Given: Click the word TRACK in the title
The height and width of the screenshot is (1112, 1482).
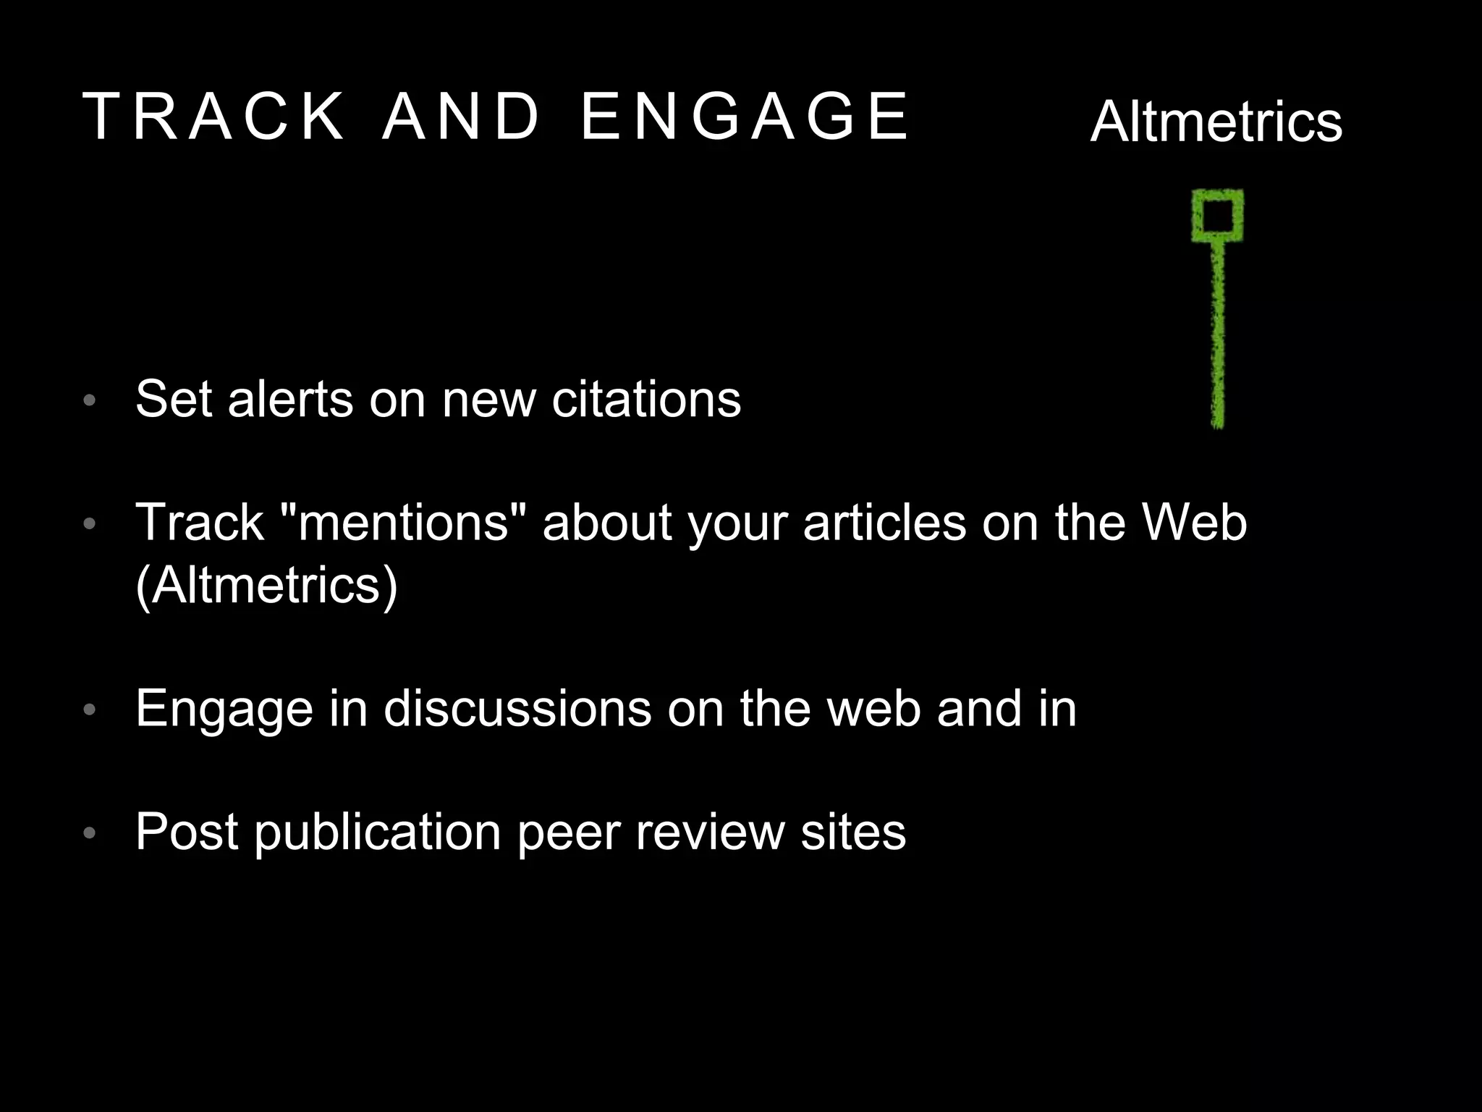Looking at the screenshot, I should pyautogui.click(x=214, y=116).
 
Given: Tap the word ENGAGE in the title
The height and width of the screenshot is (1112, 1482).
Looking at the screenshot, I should pyautogui.click(x=745, y=116).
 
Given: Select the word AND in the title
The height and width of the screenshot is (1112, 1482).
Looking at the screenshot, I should pyautogui.click(x=461, y=116).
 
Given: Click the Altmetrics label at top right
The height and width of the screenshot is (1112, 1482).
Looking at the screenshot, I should pyautogui.click(x=1216, y=122).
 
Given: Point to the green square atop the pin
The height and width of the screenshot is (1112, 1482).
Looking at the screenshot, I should pyautogui.click(x=1218, y=215).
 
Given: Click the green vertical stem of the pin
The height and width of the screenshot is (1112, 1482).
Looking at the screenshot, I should pyautogui.click(x=1218, y=333).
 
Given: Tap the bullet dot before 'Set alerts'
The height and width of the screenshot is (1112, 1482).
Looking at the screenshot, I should pyautogui.click(x=90, y=400).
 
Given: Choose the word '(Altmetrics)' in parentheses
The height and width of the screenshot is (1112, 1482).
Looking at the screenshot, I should pyautogui.click(x=266, y=585).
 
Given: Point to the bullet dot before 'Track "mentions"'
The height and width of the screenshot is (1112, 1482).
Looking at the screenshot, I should pyautogui.click(x=90, y=523).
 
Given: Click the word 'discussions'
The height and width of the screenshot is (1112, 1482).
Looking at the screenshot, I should pyautogui.click(x=517, y=708).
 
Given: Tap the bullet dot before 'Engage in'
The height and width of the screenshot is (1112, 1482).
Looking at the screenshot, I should pyautogui.click(x=90, y=709).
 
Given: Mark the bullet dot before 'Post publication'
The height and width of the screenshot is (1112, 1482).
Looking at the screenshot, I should pyautogui.click(x=90, y=833).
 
